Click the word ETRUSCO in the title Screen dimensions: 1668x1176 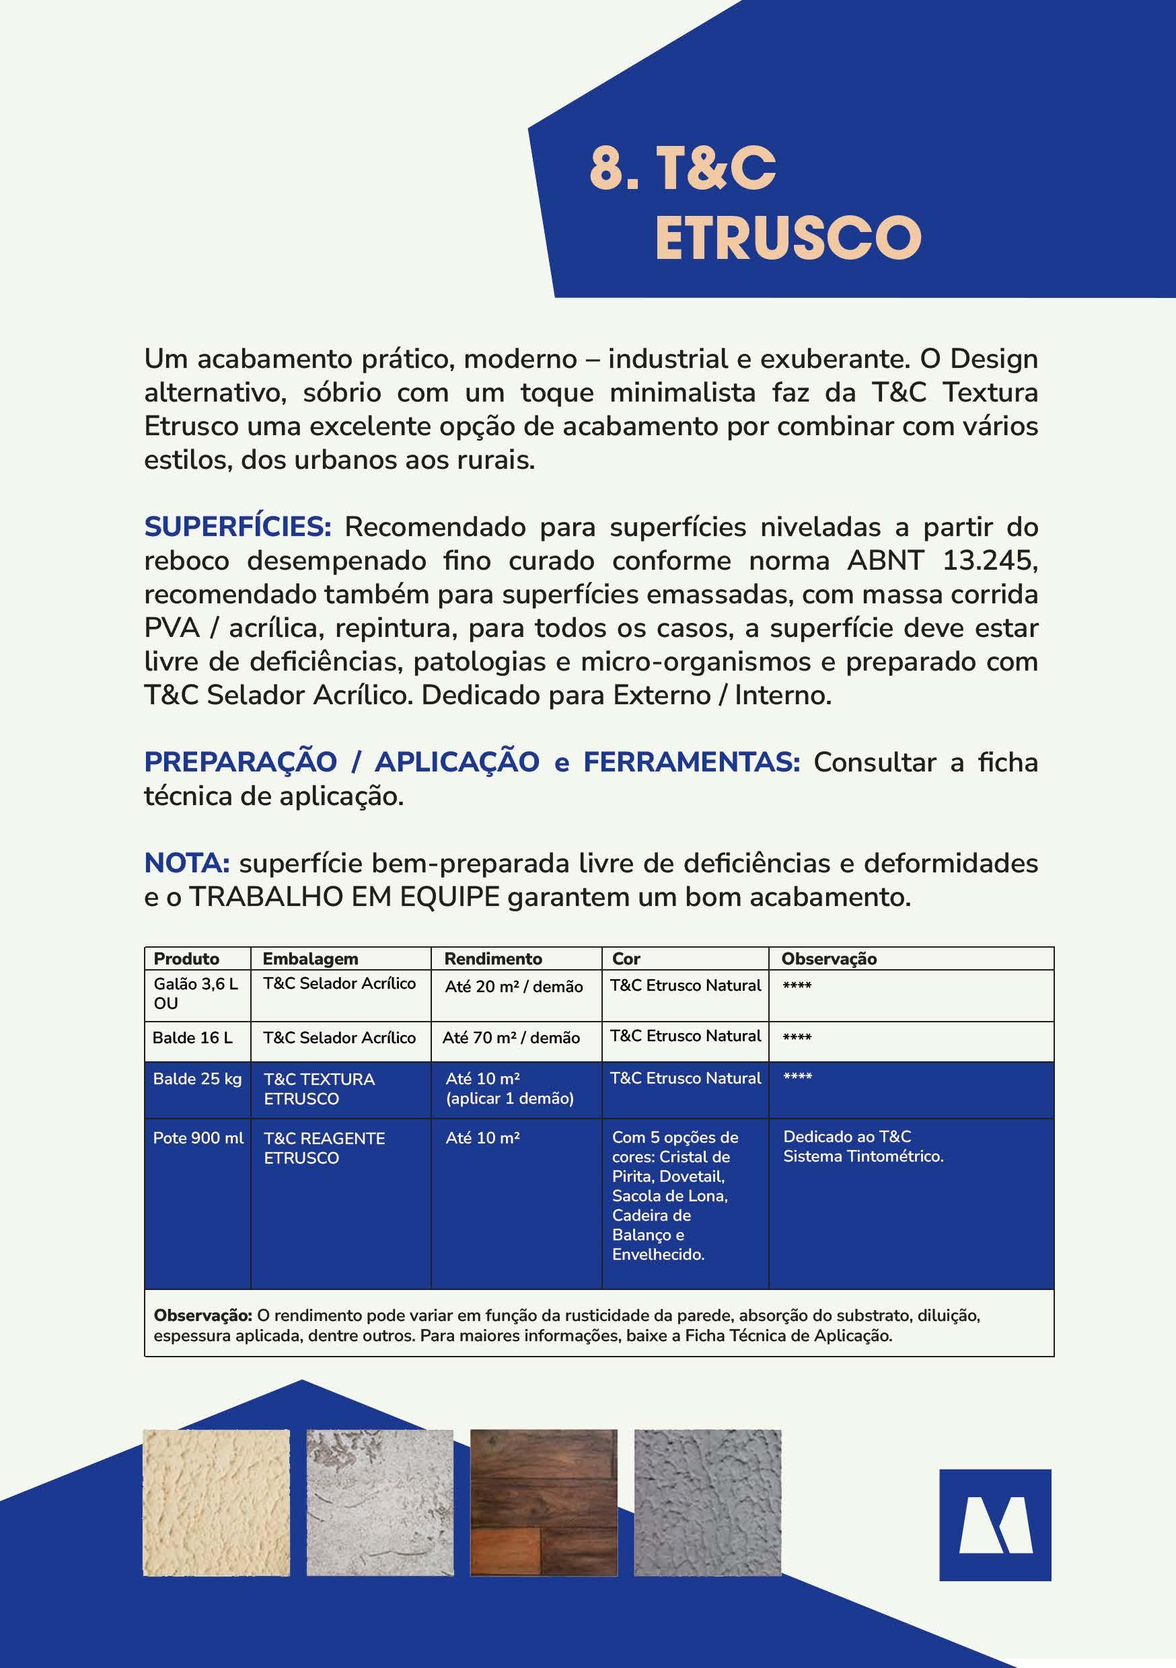point(788,237)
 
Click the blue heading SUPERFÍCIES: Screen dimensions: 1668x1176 point(237,527)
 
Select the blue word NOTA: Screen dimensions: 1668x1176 point(187,863)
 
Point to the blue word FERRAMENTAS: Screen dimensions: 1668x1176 point(691,762)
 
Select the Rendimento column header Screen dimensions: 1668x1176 point(492,958)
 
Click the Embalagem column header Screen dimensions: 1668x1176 point(310,958)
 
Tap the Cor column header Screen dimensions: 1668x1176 point(626,958)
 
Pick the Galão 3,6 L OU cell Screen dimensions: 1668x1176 point(196,993)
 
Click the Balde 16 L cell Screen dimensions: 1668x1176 point(192,1037)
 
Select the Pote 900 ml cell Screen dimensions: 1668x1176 point(198,1137)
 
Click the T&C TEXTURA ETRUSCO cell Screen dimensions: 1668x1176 point(319,1088)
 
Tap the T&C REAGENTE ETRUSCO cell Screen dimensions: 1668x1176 point(324,1148)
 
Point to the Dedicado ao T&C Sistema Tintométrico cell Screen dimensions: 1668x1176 point(862,1145)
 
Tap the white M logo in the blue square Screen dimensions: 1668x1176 point(995,1525)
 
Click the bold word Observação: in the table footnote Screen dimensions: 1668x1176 point(202,1315)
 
